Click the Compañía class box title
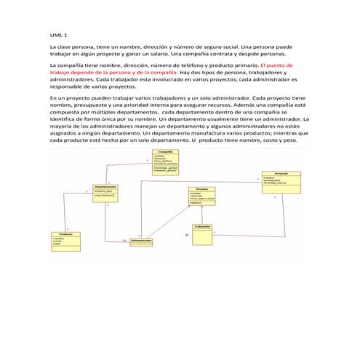pyautogui.click(x=166, y=151)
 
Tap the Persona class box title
pyautogui.click(x=201, y=188)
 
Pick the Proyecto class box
pyautogui.click(x=281, y=179)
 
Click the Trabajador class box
pyautogui.click(x=202, y=235)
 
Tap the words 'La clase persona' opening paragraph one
pyautogui.click(x=70, y=46)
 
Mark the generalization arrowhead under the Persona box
pyautogui.click(x=201, y=206)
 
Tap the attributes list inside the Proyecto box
pyautogui.click(x=277, y=181)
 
